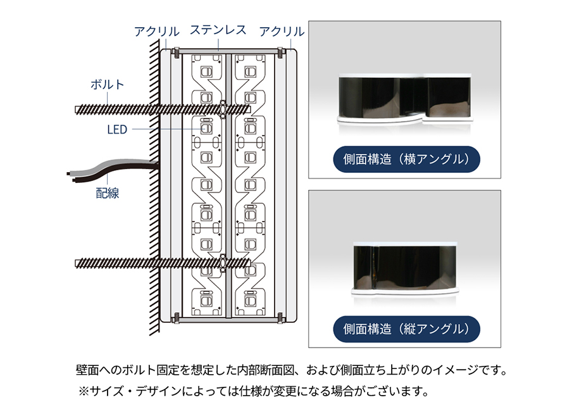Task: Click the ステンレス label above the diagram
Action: tap(218, 30)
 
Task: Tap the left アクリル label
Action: tap(156, 32)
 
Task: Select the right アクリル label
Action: tap(282, 32)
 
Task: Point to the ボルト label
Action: tap(107, 84)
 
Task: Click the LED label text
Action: tap(117, 130)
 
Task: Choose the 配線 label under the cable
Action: tap(108, 193)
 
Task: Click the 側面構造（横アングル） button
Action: tap(406, 159)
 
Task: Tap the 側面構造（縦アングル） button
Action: tap(406, 329)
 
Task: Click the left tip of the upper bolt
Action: tap(76, 110)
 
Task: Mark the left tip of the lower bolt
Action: tap(76, 263)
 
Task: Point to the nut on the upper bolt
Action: tap(223, 109)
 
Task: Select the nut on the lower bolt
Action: tap(223, 263)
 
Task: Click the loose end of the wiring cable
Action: tap(69, 176)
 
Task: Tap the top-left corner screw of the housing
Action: tap(176, 54)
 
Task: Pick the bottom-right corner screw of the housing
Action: tap(281, 317)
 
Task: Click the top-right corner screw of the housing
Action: tap(282, 53)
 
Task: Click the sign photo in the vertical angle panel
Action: tap(405, 268)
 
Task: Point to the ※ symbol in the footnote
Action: tap(84, 391)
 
